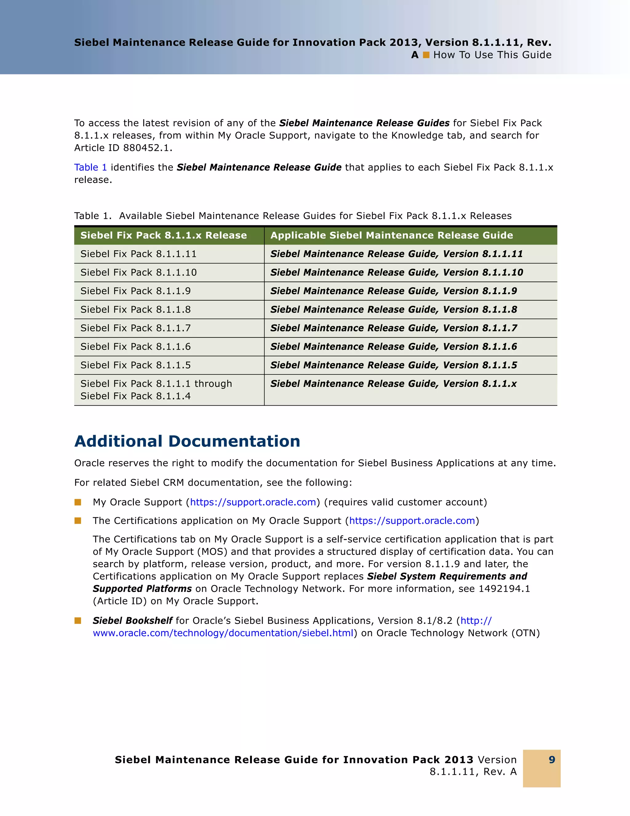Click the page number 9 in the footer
(x=552, y=759)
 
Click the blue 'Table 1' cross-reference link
(x=90, y=168)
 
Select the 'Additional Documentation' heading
(x=187, y=441)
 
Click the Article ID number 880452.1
(x=147, y=148)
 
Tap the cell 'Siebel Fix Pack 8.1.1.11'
(x=138, y=254)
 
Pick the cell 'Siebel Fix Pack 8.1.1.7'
(x=135, y=328)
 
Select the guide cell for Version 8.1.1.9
(x=393, y=291)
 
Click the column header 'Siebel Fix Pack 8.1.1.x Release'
(x=163, y=235)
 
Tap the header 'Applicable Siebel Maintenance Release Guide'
(x=392, y=235)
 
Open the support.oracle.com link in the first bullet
(x=253, y=502)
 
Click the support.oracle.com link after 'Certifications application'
(x=412, y=521)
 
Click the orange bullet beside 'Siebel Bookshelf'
(x=78, y=621)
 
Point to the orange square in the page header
(x=426, y=55)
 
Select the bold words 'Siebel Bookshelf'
(x=132, y=621)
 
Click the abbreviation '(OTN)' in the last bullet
(x=526, y=633)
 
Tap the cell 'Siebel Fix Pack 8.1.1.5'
(x=135, y=365)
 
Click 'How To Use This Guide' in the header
(x=492, y=55)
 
